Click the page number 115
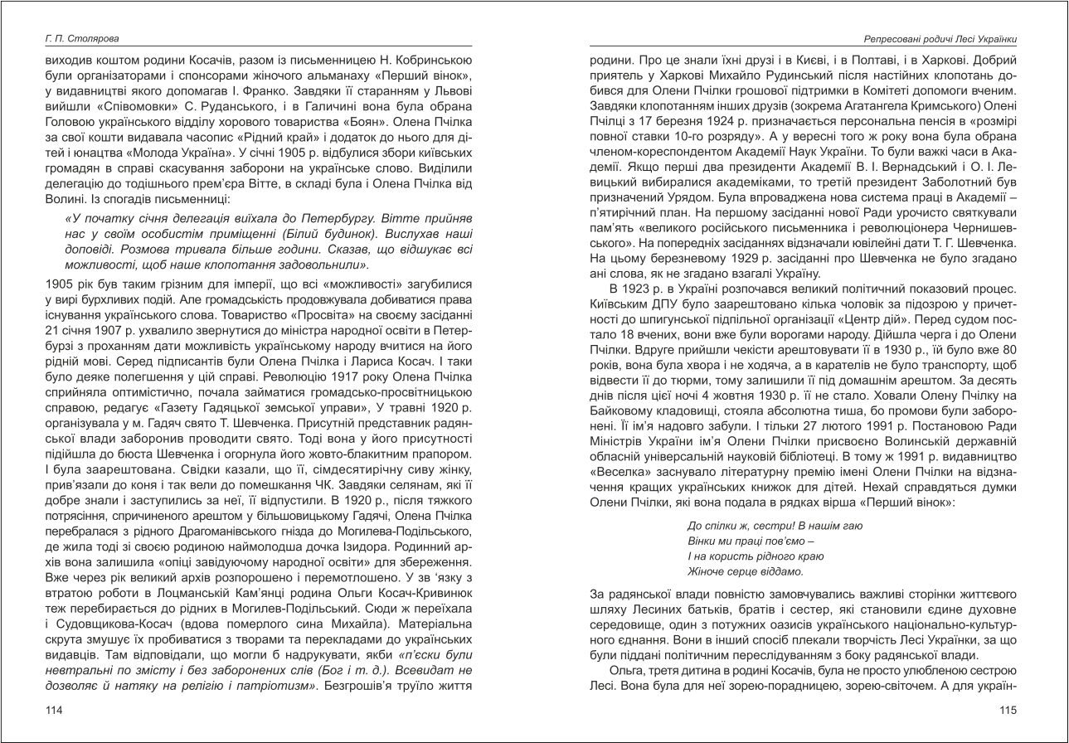[1008, 710]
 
